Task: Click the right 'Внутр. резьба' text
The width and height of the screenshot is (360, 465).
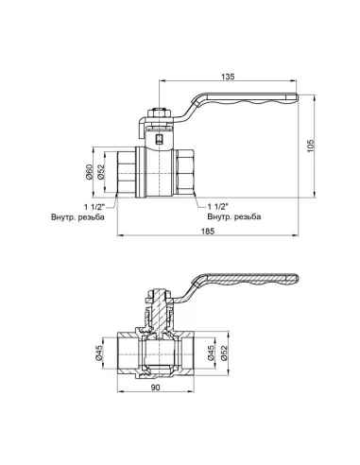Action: point(230,217)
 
